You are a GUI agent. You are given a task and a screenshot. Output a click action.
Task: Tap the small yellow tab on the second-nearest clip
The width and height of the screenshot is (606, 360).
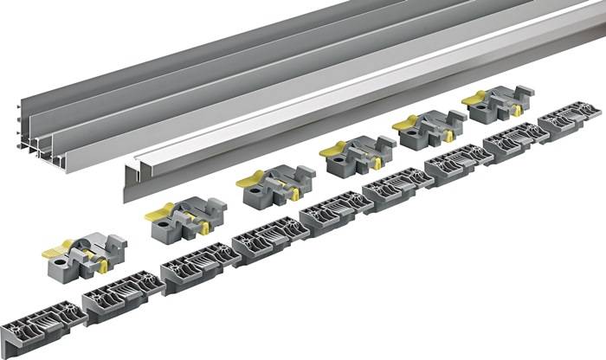(205, 228)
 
